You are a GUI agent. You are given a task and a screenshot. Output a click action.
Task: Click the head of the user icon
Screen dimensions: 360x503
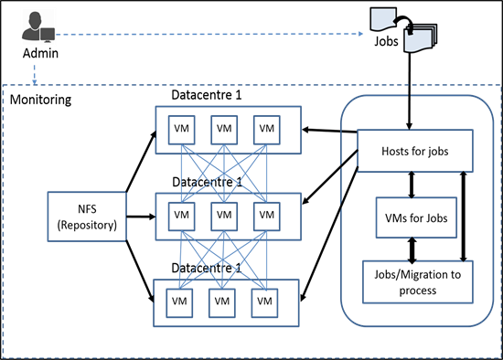pos(34,18)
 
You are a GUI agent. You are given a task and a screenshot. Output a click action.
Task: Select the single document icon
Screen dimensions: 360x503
pos(382,18)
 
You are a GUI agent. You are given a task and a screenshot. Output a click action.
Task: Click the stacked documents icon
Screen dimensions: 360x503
pos(421,37)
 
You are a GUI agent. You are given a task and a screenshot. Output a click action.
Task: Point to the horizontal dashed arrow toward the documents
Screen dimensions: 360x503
pos(210,34)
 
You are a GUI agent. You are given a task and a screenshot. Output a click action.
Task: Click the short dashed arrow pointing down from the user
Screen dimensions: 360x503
pos(35,73)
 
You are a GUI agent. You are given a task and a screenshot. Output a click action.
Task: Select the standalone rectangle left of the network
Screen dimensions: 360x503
pos(87,217)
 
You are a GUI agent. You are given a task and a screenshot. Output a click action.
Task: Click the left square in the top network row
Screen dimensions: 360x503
pos(181,129)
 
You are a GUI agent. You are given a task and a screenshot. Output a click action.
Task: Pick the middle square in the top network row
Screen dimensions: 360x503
pos(224,129)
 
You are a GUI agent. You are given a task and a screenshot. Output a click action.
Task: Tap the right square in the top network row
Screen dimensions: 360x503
pos(266,129)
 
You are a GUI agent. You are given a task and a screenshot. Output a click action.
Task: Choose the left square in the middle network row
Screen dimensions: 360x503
pos(181,217)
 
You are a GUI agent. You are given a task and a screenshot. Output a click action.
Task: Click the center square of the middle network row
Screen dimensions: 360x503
pos(224,217)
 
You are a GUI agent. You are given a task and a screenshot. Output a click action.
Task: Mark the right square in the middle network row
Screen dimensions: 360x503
pos(266,217)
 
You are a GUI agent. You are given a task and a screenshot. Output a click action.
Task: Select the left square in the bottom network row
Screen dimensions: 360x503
pos(179,302)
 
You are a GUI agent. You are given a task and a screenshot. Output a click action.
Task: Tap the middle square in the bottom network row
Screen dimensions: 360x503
pos(222,302)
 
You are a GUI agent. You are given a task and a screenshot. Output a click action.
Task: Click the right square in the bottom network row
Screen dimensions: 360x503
pos(264,302)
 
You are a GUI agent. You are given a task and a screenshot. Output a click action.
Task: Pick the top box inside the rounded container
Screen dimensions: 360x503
pos(414,151)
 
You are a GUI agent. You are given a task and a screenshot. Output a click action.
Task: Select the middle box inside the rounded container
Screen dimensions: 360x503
pos(416,217)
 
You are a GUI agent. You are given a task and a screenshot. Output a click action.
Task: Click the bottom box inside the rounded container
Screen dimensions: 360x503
pos(417,281)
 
